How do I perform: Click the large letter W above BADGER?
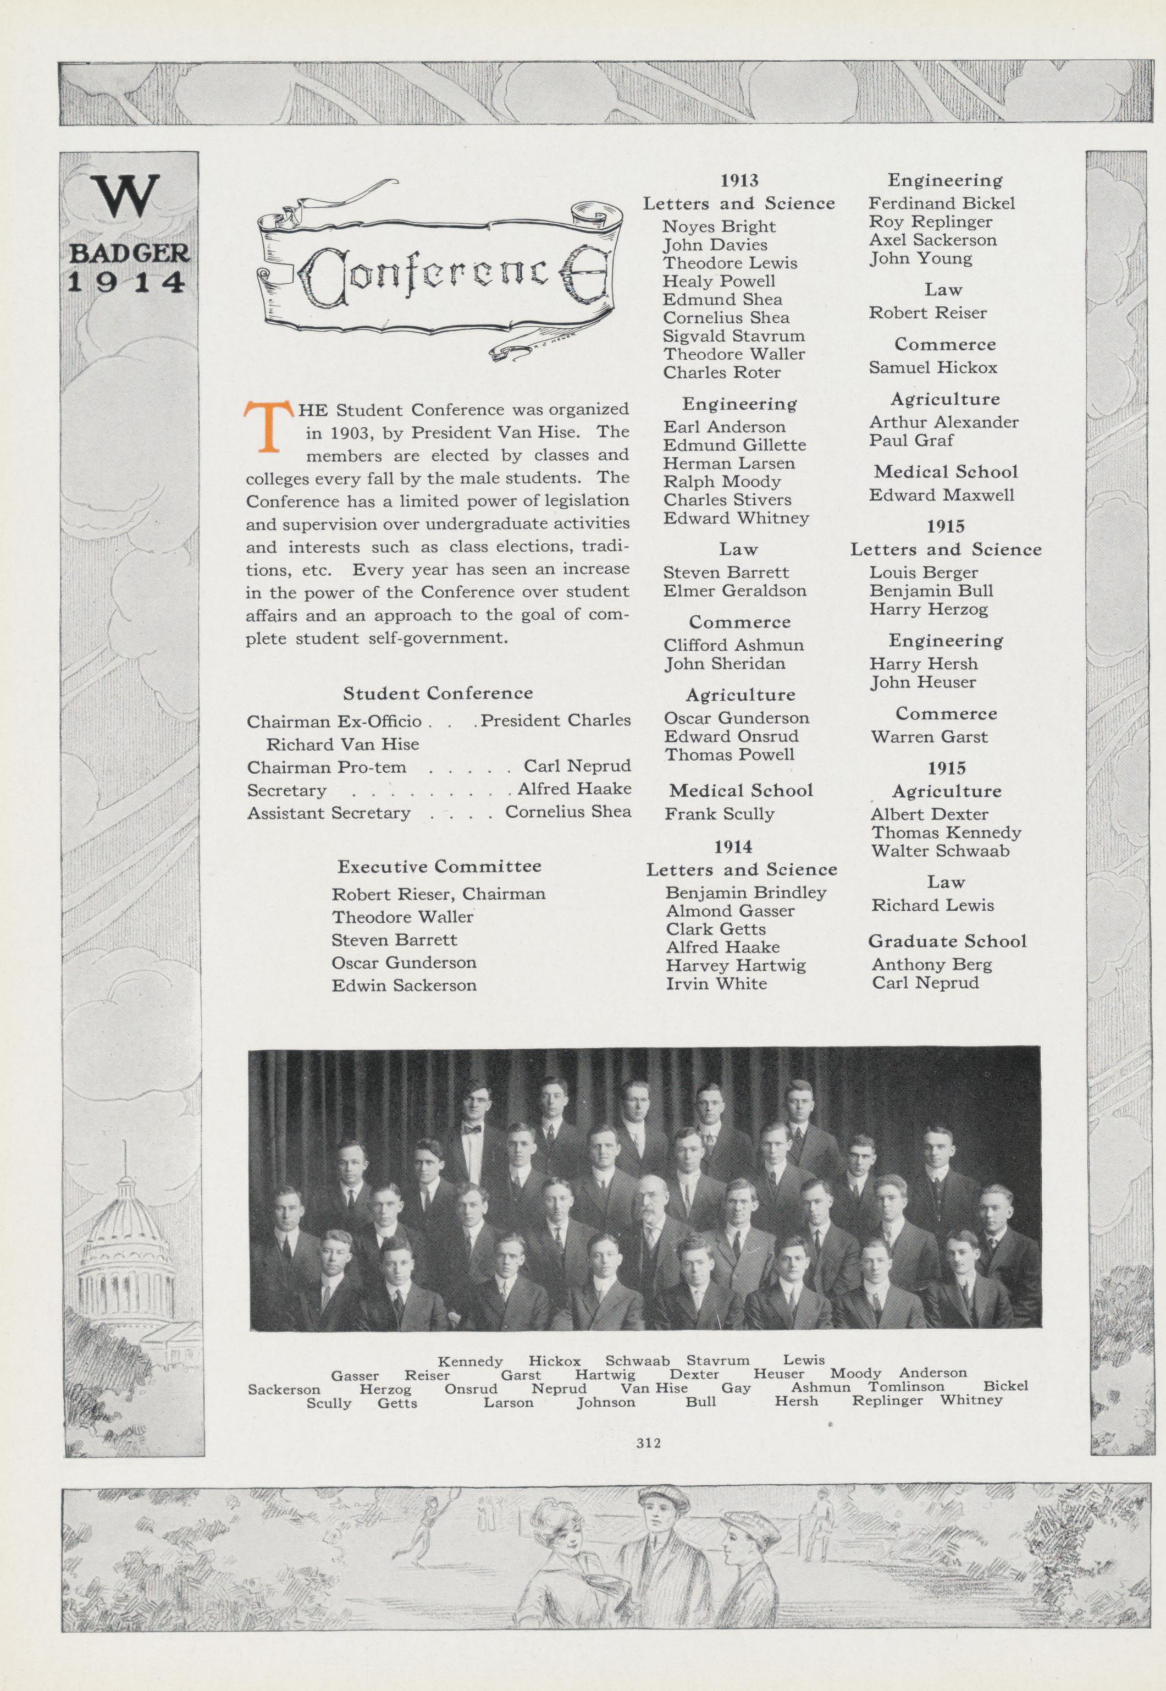[128, 196]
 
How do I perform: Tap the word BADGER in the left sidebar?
[129, 254]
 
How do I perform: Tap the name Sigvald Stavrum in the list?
[733, 336]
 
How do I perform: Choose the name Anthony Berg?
[931, 965]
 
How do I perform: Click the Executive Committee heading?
[439, 867]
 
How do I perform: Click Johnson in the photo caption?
[606, 1402]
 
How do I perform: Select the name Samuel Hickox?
[932, 367]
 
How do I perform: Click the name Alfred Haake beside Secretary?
[574, 789]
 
